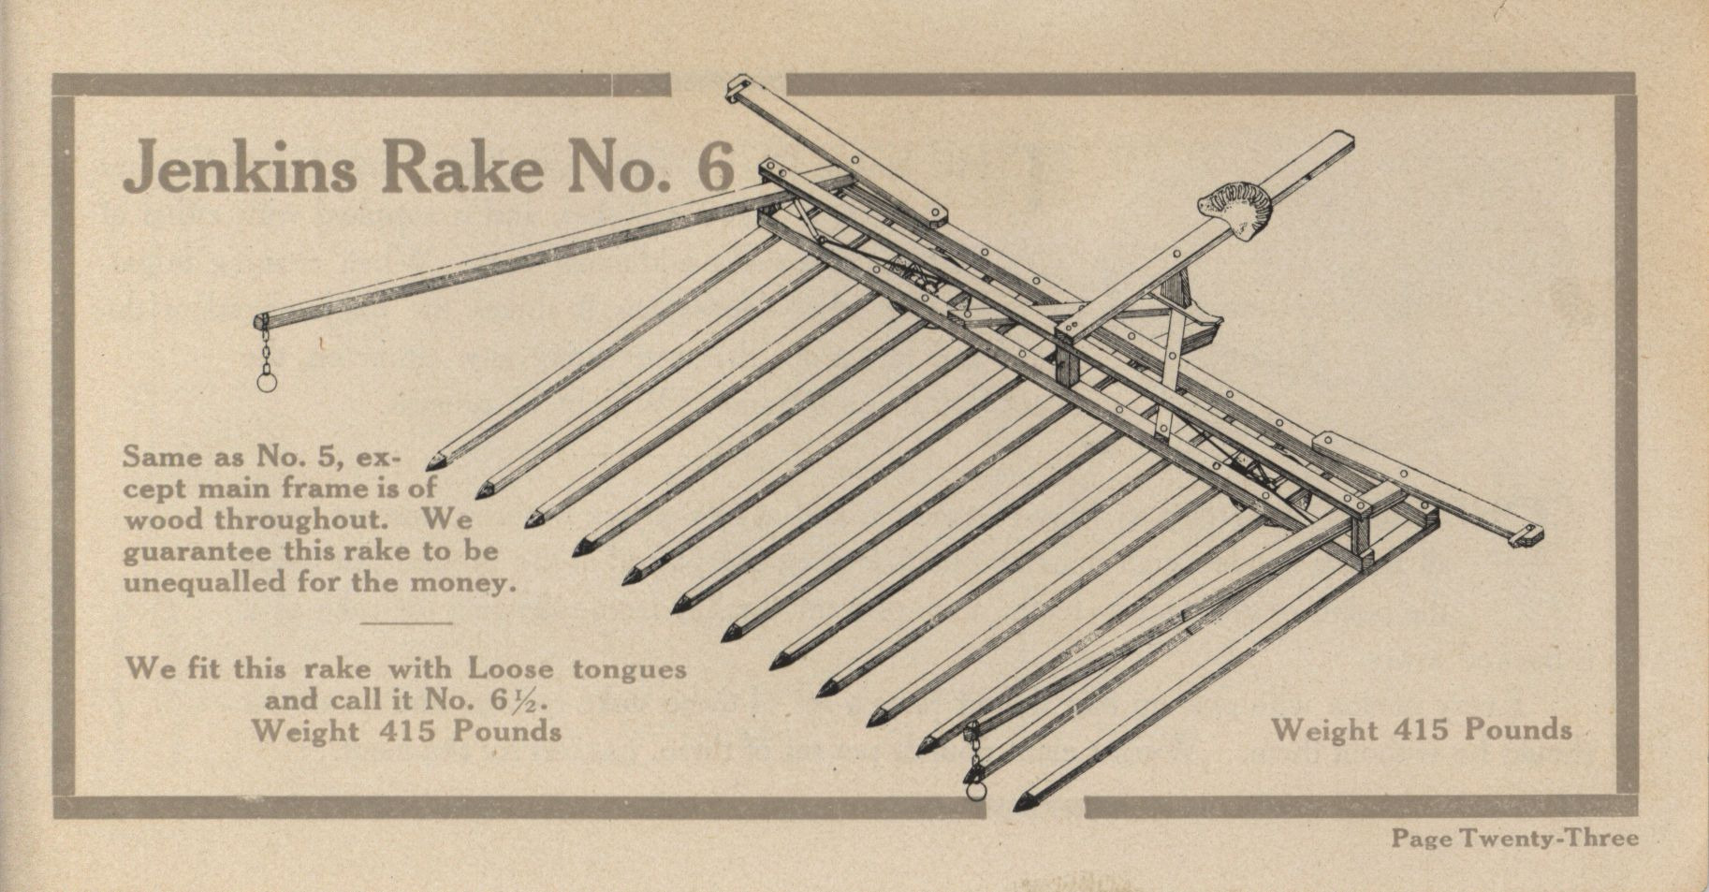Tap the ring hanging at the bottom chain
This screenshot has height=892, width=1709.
click(x=977, y=790)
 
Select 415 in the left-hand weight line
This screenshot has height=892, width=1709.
click(x=407, y=730)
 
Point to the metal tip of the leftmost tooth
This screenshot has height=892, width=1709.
click(x=434, y=461)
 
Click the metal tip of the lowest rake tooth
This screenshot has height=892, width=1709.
click(x=1022, y=802)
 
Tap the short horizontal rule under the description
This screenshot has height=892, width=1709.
click(x=405, y=622)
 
